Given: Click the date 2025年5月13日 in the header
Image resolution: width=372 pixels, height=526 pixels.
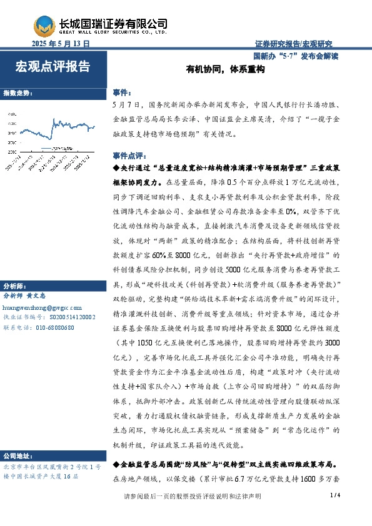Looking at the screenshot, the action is click(61, 44).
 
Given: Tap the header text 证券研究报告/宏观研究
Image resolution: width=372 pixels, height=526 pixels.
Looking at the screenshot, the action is click(294, 44).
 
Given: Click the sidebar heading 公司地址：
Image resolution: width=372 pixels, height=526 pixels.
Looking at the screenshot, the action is click(19, 455).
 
